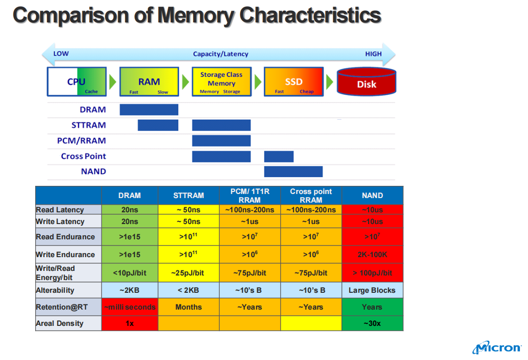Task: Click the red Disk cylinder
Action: pyautogui.click(x=366, y=82)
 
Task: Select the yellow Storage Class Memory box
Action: pyautogui.click(x=221, y=82)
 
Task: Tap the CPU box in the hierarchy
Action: pyautogui.click(x=77, y=82)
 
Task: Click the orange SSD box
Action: pyautogui.click(x=294, y=82)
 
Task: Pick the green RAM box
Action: pyautogui.click(x=149, y=82)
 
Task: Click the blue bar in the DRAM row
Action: pyautogui.click(x=149, y=109)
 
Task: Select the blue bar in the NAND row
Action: pyautogui.click(x=293, y=172)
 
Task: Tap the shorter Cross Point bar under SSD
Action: pyautogui.click(x=279, y=156)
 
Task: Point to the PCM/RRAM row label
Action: pyautogui.click(x=82, y=141)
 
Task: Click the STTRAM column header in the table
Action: pyautogui.click(x=189, y=196)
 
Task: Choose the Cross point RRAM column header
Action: pyautogui.click(x=311, y=196)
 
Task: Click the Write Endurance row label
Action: pyautogui.click(x=65, y=255)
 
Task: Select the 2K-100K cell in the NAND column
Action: pyautogui.click(x=373, y=255)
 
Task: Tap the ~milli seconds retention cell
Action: pyautogui.click(x=129, y=307)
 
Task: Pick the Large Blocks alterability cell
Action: pyautogui.click(x=373, y=290)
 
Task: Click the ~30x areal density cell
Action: pyautogui.click(x=373, y=323)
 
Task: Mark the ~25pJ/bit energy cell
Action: pyautogui.click(x=189, y=273)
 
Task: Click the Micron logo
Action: pyautogui.click(x=497, y=348)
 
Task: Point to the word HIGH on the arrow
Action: pyautogui.click(x=374, y=54)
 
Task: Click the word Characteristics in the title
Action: pyautogui.click(x=310, y=15)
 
